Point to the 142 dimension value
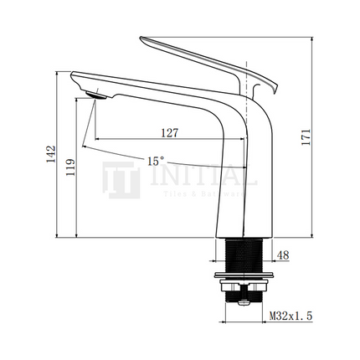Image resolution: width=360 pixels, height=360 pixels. coord(51,153)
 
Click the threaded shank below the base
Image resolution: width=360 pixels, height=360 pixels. coord(244,255)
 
